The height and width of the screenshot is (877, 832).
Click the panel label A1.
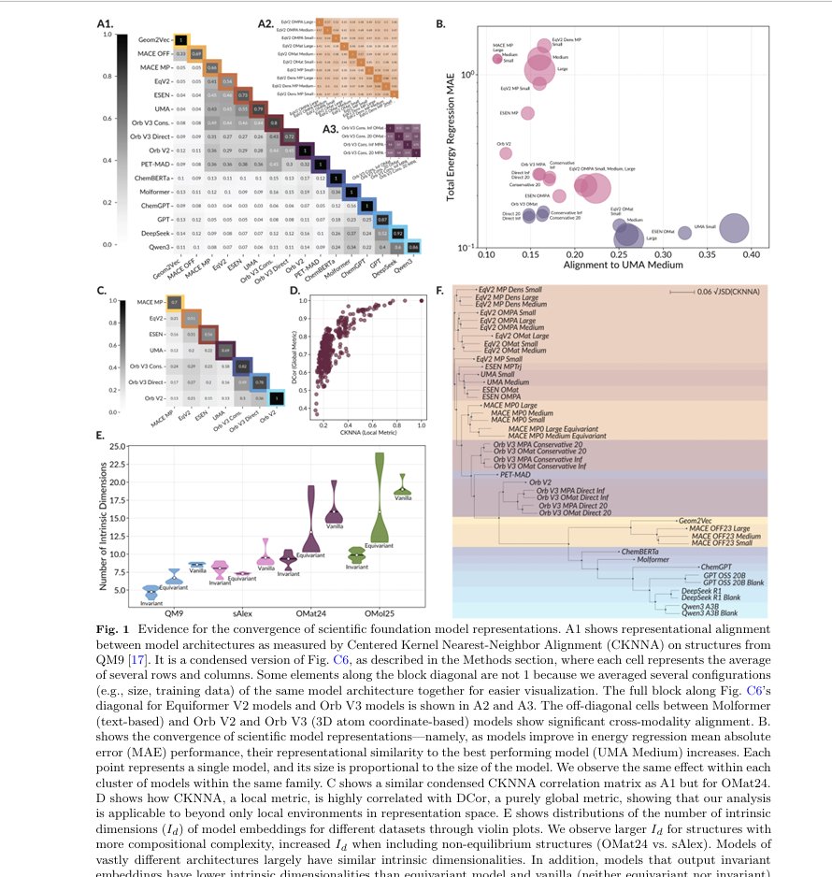click(105, 22)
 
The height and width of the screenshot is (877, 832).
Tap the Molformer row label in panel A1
click(166, 190)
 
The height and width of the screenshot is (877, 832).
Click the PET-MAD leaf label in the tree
click(516, 474)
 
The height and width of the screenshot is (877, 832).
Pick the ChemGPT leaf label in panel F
click(715, 566)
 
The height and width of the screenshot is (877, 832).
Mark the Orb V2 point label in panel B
click(503, 144)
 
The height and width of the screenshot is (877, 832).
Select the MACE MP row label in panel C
click(150, 303)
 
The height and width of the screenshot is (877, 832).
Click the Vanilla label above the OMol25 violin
click(402, 497)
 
